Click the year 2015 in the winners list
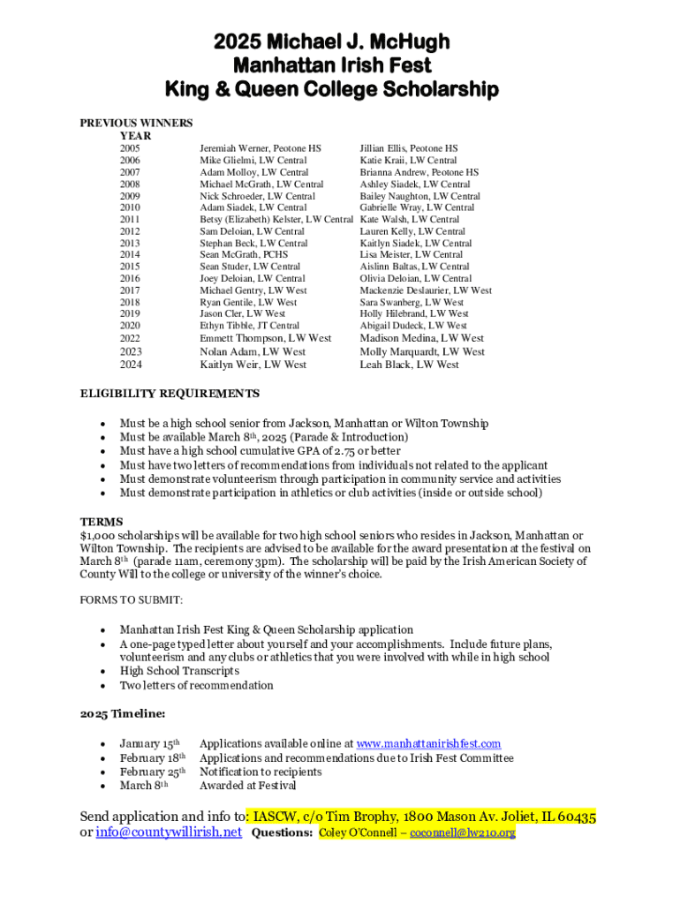pyautogui.click(x=130, y=267)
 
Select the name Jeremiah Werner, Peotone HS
pyautogui.click(x=261, y=149)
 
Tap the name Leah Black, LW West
pyautogui.click(x=409, y=365)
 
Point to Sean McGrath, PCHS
pyautogui.click(x=244, y=255)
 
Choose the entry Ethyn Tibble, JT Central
pyautogui.click(x=249, y=326)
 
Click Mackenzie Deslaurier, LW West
pyautogui.click(x=426, y=290)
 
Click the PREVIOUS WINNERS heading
pyautogui.click(x=137, y=124)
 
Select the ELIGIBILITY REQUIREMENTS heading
pyautogui.click(x=170, y=394)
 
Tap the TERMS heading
pyautogui.click(x=102, y=522)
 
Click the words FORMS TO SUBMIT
pyautogui.click(x=132, y=600)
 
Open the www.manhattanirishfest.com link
pyautogui.click(x=428, y=744)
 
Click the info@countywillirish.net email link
pyautogui.click(x=169, y=832)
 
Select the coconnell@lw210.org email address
pyautogui.click(x=461, y=832)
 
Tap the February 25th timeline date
pyautogui.click(x=152, y=772)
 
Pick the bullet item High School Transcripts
pyautogui.click(x=179, y=672)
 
